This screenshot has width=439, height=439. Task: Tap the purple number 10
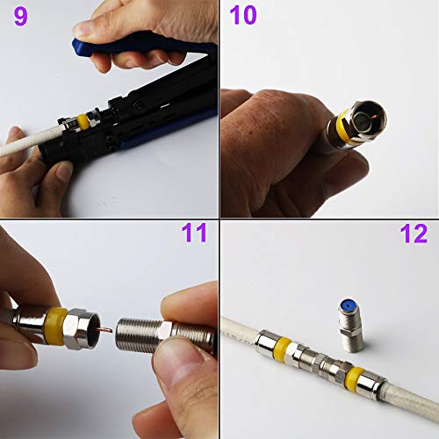243,17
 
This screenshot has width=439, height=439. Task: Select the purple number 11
194,234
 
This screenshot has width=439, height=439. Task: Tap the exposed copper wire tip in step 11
104,331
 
